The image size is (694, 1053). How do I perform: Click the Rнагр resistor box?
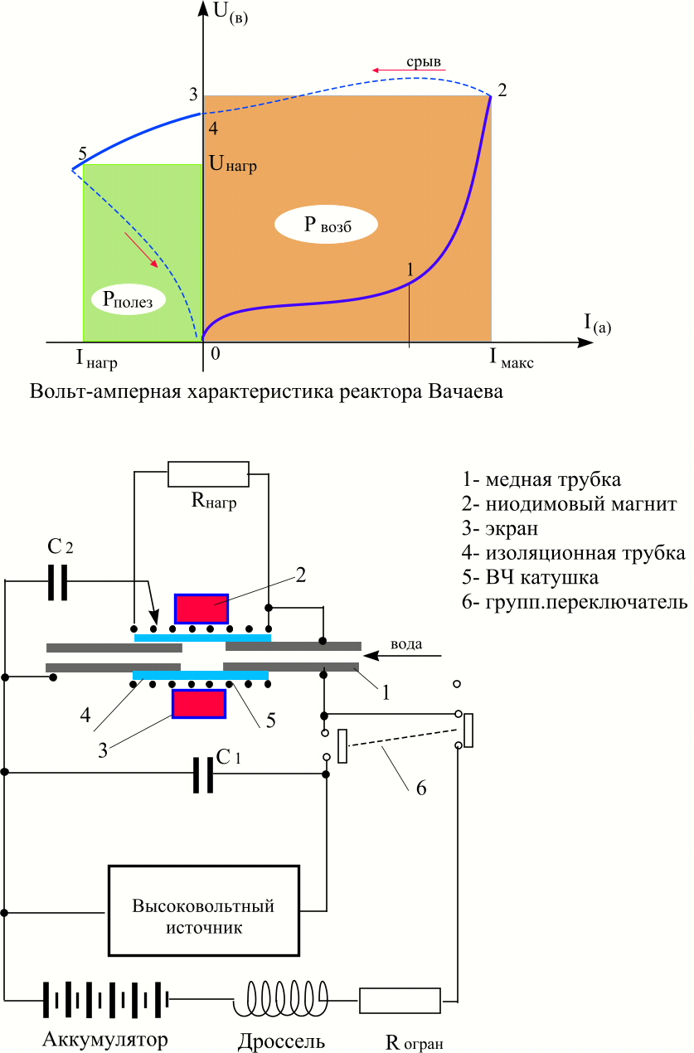pos(208,474)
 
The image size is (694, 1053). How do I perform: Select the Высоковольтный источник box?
pos(204,910)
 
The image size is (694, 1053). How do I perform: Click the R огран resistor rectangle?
pos(400,1000)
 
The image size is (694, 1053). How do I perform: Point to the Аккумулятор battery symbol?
pos(106,1000)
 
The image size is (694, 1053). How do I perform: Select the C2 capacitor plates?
pos(58,582)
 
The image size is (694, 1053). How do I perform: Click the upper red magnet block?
pos(201,609)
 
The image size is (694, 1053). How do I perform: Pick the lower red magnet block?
pos(199,703)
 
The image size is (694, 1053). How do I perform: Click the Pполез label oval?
pos(128,299)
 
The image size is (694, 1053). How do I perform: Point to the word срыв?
pos(424,61)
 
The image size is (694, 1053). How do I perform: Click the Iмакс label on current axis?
pos(512,357)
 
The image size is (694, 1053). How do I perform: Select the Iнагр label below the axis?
pos(96,359)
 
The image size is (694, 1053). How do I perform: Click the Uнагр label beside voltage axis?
pos(233,163)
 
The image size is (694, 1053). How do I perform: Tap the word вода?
pos(406,643)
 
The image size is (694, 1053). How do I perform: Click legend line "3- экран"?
pos(500,528)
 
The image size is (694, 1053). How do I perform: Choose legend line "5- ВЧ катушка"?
pos(531,577)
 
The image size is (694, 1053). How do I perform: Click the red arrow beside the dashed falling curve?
pos(141,250)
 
